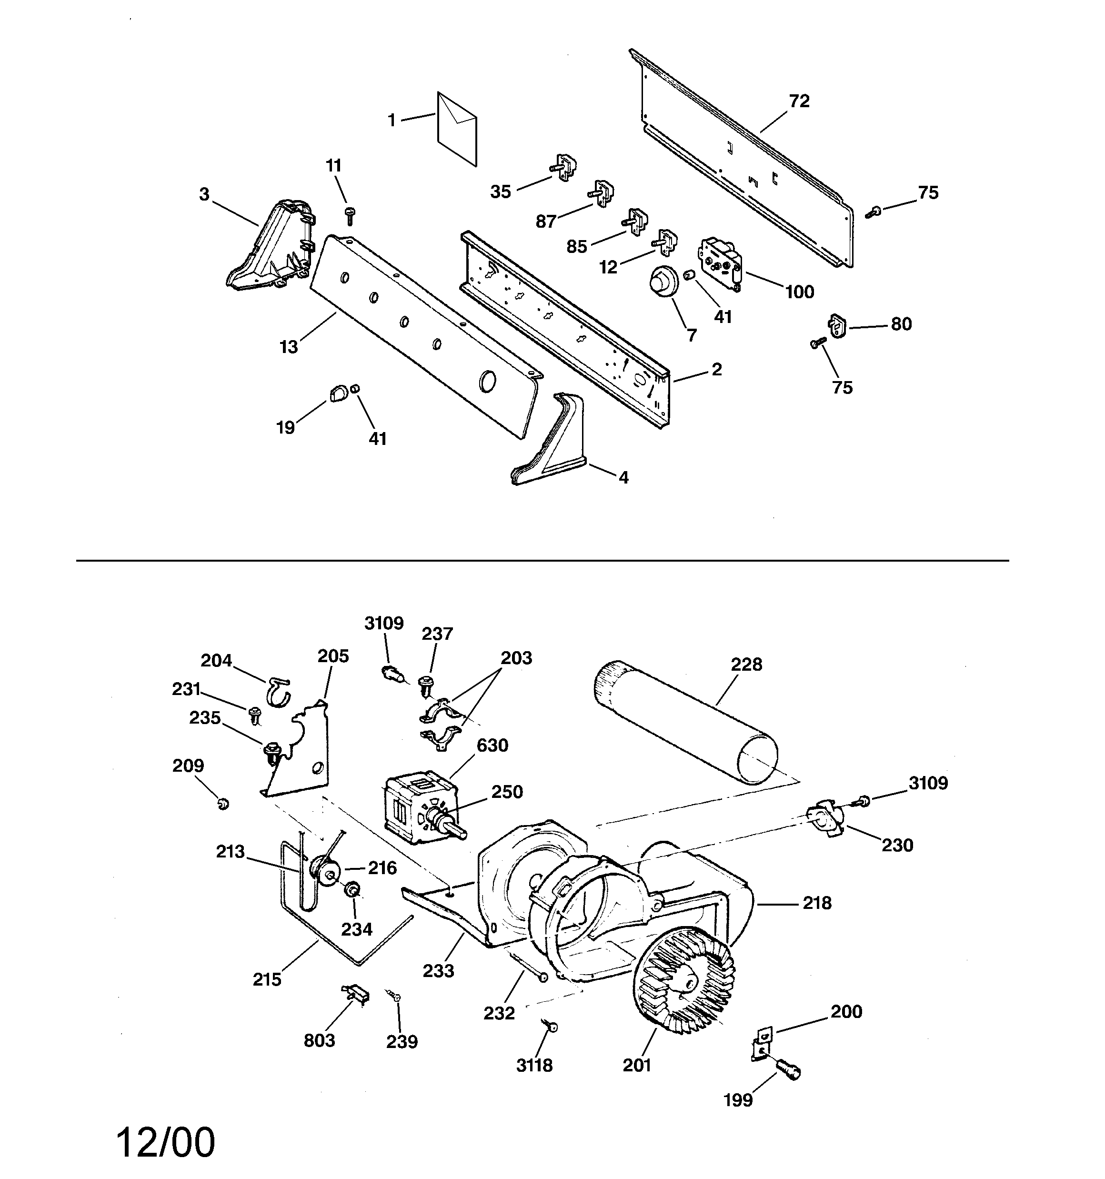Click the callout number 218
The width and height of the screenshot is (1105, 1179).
coord(817,903)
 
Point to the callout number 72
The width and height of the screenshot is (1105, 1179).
coord(799,101)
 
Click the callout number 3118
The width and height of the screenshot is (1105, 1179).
coord(534,1066)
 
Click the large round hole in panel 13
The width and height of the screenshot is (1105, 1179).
coord(488,381)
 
